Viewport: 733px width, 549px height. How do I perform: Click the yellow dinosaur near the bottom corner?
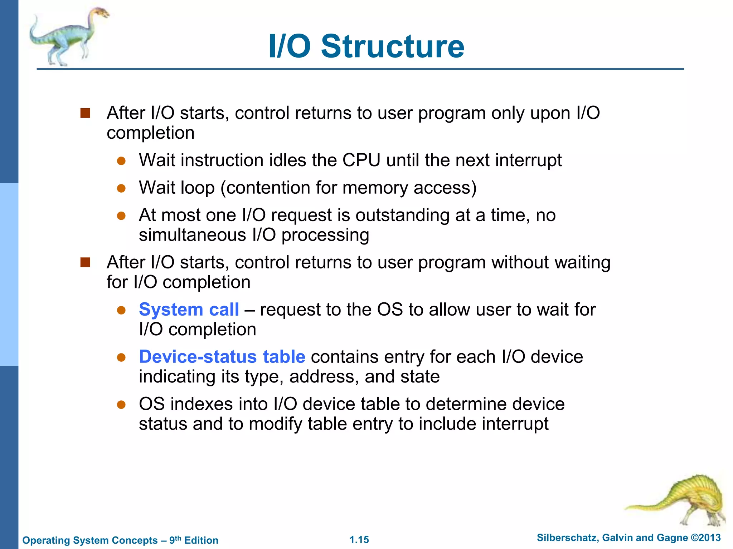tap(680, 500)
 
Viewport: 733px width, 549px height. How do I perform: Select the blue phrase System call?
tap(189, 310)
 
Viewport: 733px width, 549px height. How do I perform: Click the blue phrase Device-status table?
tap(222, 357)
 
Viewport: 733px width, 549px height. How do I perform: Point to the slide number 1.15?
tap(359, 540)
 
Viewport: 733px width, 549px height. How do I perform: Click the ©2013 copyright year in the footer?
tap(705, 538)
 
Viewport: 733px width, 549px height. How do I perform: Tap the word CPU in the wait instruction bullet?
tap(361, 160)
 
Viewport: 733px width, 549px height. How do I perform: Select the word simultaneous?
tap(193, 235)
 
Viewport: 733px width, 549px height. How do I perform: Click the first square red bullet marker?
tap(85, 113)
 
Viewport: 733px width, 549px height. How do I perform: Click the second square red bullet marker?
tap(85, 263)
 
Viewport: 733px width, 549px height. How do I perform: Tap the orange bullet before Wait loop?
tap(121, 188)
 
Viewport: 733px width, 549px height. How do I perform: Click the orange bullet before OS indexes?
tap(121, 405)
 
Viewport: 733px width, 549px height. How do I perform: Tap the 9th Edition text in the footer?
tap(194, 540)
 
